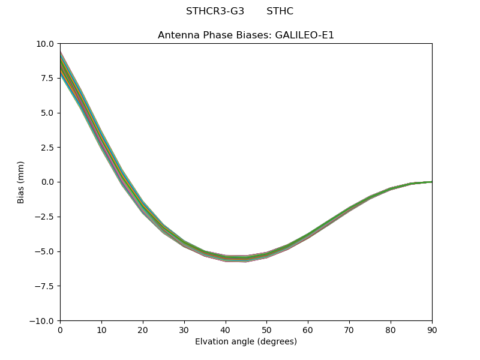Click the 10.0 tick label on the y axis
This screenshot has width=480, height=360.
click(46, 44)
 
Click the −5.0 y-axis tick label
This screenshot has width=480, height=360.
click(45, 251)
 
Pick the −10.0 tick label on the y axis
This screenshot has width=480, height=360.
click(43, 321)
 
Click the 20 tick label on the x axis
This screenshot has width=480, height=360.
click(143, 329)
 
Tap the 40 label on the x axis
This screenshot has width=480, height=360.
click(226, 329)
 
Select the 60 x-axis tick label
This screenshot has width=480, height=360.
click(308, 329)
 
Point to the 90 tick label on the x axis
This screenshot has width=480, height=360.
click(431, 329)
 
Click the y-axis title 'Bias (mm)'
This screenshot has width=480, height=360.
click(21, 182)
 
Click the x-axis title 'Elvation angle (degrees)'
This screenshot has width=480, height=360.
click(246, 342)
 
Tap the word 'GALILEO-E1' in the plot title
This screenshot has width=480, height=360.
click(304, 35)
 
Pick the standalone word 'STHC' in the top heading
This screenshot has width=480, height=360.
click(280, 11)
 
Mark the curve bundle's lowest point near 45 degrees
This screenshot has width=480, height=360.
click(246, 259)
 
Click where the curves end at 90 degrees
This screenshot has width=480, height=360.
click(431, 182)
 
